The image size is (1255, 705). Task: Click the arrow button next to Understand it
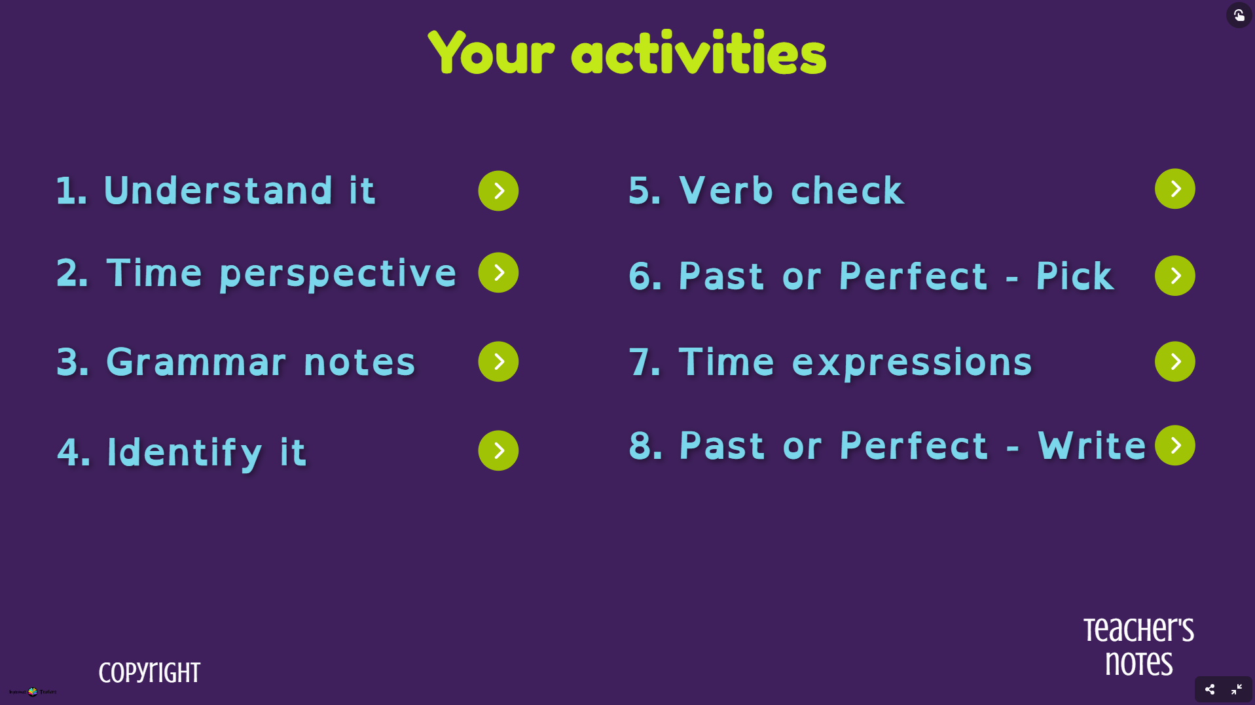click(498, 191)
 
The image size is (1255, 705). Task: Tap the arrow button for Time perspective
click(498, 272)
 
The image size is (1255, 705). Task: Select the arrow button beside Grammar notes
click(498, 361)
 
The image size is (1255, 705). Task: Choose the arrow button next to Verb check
click(1174, 189)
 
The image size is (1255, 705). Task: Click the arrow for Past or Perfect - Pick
click(1174, 276)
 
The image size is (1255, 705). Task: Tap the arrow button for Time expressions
click(1174, 361)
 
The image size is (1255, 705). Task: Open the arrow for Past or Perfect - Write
click(1174, 446)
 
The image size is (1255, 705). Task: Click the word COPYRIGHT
click(149, 673)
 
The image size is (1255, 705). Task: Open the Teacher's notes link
click(1138, 647)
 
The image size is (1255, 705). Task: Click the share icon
click(1210, 689)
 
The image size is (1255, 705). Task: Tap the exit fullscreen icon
click(1237, 689)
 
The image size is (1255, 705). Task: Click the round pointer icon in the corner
click(1239, 15)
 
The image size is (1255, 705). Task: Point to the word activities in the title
click(699, 54)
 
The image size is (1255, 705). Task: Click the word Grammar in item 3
click(196, 362)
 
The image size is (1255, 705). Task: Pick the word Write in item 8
click(1092, 446)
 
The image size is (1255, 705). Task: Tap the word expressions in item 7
click(911, 362)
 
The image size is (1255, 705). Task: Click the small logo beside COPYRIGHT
click(33, 691)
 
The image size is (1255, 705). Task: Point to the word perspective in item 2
click(338, 274)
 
